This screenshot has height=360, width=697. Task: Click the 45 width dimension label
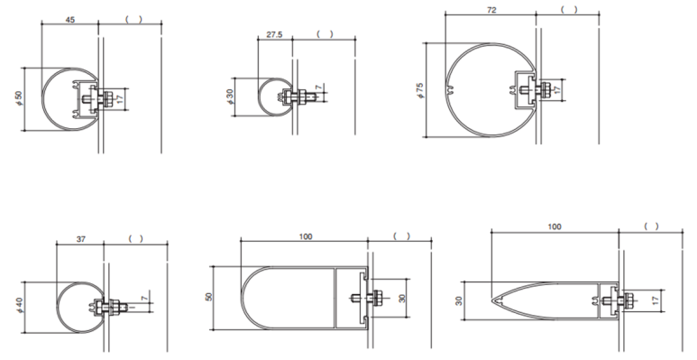(70, 20)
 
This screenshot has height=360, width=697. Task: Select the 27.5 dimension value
(274, 34)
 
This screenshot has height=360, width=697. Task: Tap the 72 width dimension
(491, 10)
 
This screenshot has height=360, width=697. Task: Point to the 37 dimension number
(80, 239)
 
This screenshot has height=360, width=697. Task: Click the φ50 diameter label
(18, 98)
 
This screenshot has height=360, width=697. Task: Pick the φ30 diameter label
(230, 97)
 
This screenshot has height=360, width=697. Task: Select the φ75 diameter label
(420, 90)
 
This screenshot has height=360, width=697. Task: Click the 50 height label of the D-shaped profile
(209, 297)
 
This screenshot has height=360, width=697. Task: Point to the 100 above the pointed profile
(555, 227)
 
